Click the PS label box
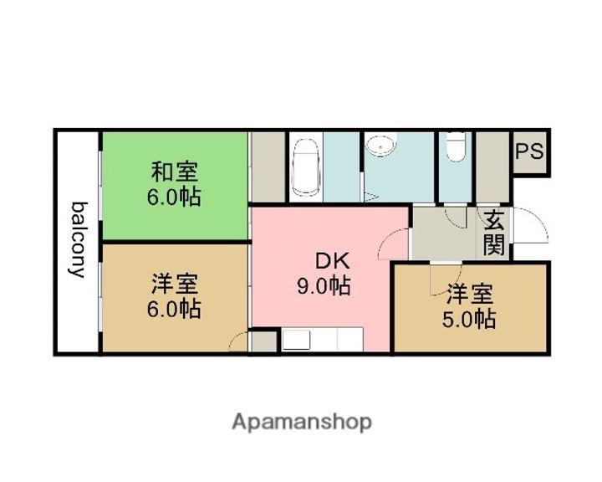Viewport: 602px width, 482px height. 528,153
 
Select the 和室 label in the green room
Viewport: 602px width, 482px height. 175,172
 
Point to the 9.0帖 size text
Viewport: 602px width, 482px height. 324,286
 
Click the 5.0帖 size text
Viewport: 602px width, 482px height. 469,319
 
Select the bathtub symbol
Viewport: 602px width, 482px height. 305,168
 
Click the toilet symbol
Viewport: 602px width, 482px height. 456,150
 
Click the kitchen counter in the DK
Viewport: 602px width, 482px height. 322,340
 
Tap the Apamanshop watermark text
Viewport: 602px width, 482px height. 301,421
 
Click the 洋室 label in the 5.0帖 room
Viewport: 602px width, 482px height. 469,294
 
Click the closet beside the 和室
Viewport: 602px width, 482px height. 268,167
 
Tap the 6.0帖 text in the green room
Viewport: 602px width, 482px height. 175,198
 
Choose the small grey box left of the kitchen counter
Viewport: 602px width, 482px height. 264,341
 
